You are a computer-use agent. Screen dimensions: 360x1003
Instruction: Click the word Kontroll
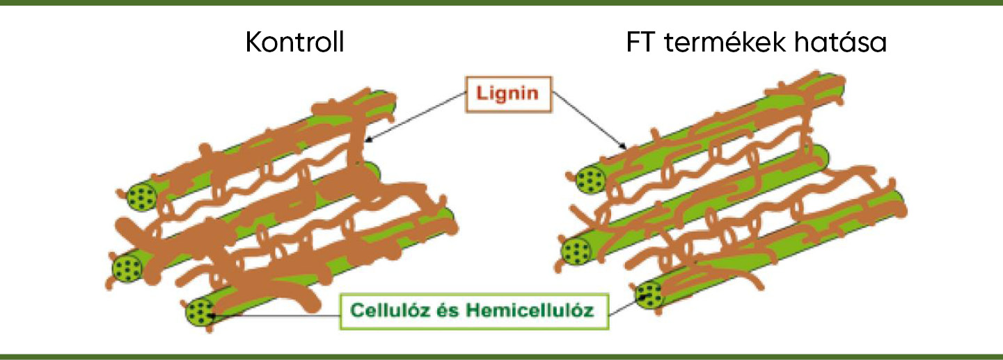[x=295, y=44]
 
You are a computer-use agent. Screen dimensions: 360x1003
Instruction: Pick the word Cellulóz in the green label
[x=393, y=309]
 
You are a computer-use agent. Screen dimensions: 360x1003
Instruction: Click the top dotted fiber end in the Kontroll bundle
[x=142, y=198]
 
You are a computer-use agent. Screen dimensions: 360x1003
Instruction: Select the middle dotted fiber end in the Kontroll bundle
[x=127, y=267]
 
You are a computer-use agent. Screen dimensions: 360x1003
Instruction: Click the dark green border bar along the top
[x=501, y=3]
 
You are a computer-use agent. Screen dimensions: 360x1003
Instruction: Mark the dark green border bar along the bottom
[x=501, y=357]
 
